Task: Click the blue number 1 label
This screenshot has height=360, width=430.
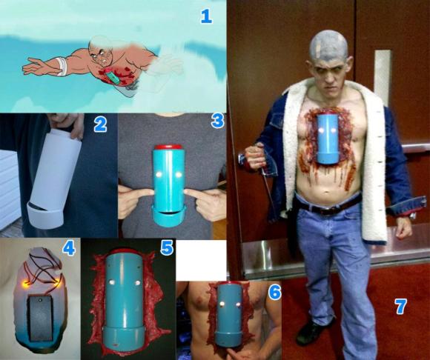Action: coord(206,16)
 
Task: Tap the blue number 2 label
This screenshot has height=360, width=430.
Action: coord(100,125)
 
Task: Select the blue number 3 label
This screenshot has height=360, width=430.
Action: coord(217,121)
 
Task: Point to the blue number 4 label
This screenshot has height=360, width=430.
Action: coord(69,249)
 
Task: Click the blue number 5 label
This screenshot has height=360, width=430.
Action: coord(167,248)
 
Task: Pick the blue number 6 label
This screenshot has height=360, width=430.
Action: coord(274,293)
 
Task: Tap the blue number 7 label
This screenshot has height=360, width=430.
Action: coord(400,307)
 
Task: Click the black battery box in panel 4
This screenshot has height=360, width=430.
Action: coord(40,318)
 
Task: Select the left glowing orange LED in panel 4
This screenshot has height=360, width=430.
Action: coord(27,284)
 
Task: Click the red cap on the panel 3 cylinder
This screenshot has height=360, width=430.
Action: coord(168,147)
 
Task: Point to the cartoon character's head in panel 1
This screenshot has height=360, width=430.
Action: coord(101,50)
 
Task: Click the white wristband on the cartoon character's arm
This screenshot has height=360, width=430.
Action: coord(62,66)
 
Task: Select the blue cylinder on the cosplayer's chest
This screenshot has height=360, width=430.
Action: coord(327,138)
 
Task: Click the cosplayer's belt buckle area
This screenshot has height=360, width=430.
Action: coord(328,210)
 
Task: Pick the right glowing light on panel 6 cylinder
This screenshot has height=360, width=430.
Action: coord(238,304)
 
